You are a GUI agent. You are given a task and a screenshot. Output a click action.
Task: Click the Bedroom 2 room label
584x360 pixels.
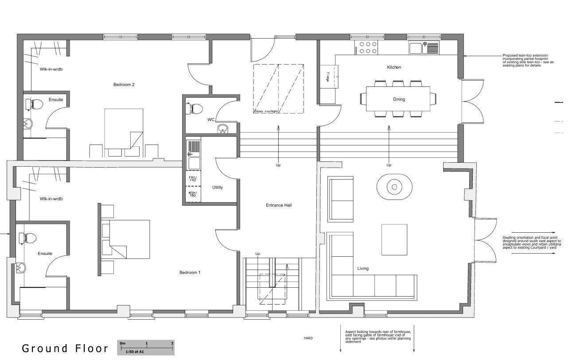point(124,84)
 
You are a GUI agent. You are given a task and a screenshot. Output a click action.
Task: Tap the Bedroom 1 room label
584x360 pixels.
point(190,272)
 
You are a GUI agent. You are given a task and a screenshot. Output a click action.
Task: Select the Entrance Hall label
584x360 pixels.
point(279,205)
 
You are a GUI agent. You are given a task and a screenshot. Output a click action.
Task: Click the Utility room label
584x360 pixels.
point(217,187)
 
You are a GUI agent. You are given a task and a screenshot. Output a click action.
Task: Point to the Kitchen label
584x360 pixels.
point(394,67)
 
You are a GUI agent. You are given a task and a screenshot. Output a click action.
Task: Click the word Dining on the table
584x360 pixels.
point(399,99)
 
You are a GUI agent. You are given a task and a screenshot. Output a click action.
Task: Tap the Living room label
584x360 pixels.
point(363,268)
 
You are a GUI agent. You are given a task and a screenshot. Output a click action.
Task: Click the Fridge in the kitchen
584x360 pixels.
point(328,76)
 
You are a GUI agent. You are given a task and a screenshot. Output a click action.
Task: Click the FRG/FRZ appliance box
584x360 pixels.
point(193,179)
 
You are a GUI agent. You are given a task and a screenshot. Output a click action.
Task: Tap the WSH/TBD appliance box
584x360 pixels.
point(193,194)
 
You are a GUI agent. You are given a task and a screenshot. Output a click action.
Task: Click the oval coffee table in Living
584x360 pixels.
point(394,187)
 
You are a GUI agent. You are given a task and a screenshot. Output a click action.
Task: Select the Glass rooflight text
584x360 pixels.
point(266,111)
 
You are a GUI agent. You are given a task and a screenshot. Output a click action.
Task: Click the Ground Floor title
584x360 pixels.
point(65,348)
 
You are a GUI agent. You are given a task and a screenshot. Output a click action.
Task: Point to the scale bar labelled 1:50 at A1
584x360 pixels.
point(146,347)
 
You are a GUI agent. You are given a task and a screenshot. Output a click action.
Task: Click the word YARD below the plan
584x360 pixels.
point(308,338)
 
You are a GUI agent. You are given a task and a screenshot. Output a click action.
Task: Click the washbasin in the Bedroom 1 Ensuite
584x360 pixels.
point(21,267)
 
